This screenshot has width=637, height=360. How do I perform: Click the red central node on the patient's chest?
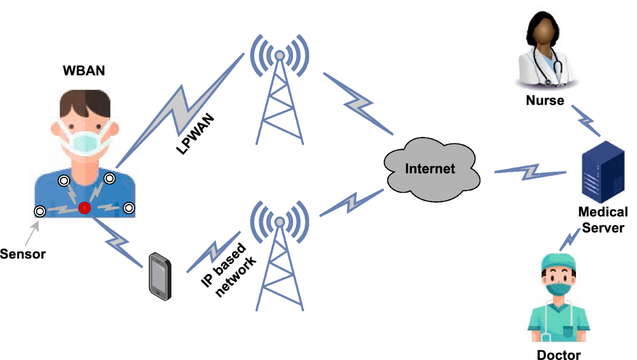click(84, 208)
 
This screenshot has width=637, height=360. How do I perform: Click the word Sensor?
click(23, 254)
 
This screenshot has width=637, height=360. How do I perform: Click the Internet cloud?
click(430, 169)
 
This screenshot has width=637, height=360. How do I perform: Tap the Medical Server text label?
click(602, 220)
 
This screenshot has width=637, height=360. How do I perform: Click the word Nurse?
click(545, 100)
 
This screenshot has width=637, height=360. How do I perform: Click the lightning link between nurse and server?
click(586, 121)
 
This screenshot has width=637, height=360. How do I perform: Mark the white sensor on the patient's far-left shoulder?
click(39, 211)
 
